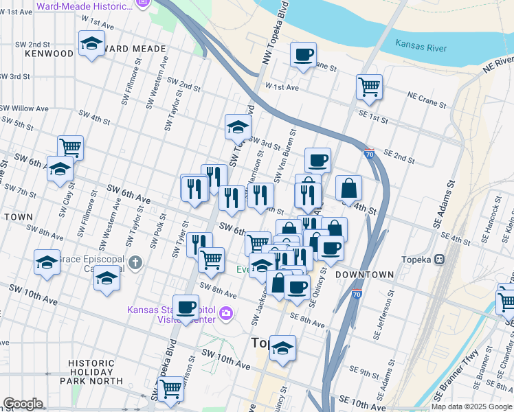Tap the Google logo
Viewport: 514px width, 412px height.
(23, 404)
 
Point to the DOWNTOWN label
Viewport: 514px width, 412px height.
(364, 275)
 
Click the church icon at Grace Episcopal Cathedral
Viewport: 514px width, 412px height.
(136, 262)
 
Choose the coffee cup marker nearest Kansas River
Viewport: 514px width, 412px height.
(303, 55)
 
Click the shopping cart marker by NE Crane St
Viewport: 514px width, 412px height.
(369, 87)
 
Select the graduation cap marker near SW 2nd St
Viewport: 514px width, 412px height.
(91, 45)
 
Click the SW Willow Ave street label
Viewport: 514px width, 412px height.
(24, 108)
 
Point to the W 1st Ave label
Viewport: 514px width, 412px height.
(282, 87)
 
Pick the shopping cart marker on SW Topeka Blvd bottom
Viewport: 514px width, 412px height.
(170, 388)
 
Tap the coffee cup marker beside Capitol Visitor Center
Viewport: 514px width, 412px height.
(186, 306)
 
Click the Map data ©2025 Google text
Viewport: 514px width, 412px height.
(471, 407)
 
